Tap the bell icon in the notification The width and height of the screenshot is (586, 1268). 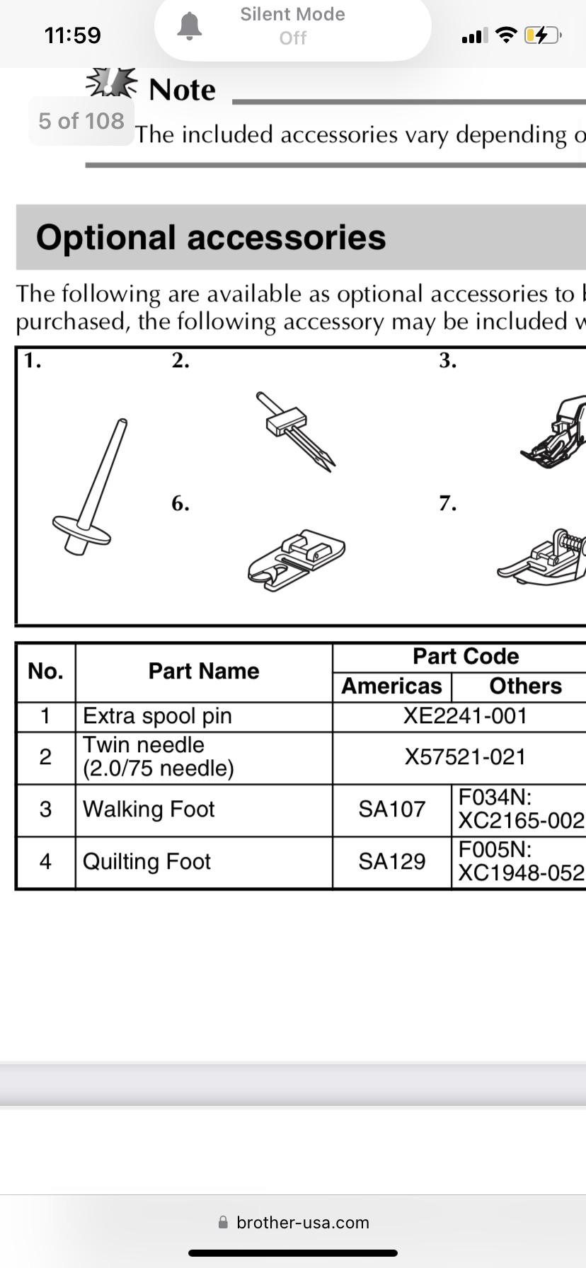point(189,26)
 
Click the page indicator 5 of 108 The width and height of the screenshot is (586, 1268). point(81,121)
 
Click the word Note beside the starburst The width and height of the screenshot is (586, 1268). point(182,90)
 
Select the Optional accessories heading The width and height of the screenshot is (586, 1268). point(211,237)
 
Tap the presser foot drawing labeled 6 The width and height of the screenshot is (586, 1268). point(297,558)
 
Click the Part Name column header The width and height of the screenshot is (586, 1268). point(204,671)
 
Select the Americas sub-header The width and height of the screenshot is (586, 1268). point(391,686)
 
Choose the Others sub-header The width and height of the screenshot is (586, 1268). point(525,686)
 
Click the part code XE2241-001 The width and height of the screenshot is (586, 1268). point(465,715)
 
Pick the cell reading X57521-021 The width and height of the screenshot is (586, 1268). point(465,756)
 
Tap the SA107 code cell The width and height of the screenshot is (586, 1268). point(391,809)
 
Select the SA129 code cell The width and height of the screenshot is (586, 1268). point(391,861)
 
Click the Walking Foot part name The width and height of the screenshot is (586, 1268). point(149,809)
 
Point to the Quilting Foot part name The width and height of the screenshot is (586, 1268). point(146,861)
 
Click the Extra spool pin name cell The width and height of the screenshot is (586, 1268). point(157,715)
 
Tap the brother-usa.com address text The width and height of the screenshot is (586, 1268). point(302,1223)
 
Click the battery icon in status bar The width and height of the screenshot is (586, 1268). point(542,35)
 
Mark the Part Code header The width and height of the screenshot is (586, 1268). point(466,656)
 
